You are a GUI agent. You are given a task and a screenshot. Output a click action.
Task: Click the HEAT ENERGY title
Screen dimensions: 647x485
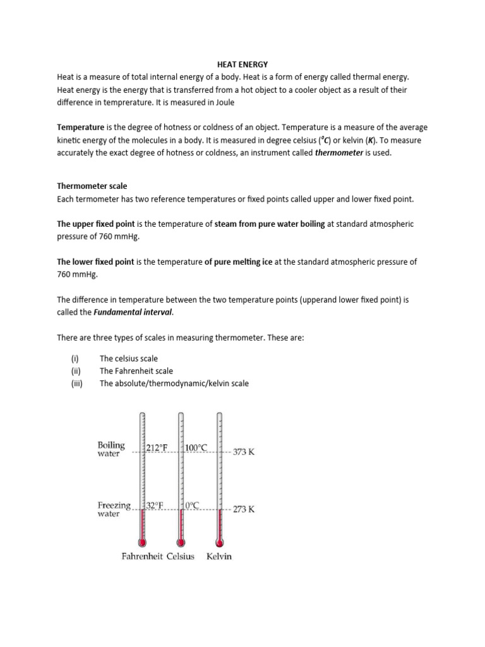point(242,64)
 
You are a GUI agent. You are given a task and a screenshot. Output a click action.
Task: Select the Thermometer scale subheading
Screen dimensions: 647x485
point(92,186)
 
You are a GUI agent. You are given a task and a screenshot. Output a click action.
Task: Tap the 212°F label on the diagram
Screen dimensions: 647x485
point(157,448)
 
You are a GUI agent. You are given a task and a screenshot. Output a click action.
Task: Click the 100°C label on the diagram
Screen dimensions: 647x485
point(196,448)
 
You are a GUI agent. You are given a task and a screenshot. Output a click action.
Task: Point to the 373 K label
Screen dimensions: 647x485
point(244,452)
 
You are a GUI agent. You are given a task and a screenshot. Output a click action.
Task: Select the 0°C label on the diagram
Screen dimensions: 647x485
point(193,505)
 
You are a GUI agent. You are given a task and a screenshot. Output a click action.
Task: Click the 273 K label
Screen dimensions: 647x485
point(244,509)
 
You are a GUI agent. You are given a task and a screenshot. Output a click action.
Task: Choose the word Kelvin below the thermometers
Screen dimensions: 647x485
point(219,557)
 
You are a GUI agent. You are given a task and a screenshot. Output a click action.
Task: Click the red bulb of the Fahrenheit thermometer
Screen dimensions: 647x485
point(142,541)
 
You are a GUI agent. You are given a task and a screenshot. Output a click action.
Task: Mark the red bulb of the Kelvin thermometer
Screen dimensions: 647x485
point(220,541)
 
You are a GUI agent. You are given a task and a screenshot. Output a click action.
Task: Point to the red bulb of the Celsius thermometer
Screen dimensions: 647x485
point(181,541)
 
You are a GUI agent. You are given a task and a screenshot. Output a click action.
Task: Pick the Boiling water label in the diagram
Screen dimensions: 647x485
point(111,449)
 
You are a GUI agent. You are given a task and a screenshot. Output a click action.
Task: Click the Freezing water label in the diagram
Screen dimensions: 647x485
point(114,509)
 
